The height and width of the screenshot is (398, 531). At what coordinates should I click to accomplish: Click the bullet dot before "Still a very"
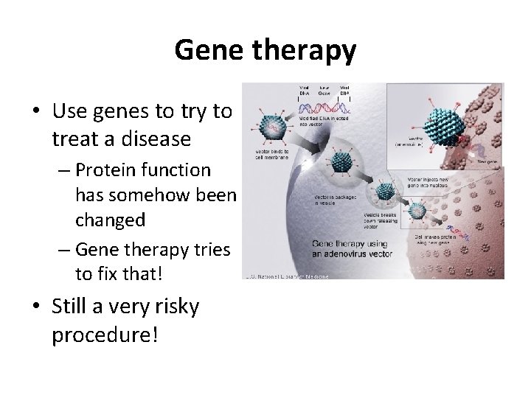point(36,306)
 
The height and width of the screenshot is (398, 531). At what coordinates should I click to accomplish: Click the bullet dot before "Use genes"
point(36,113)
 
